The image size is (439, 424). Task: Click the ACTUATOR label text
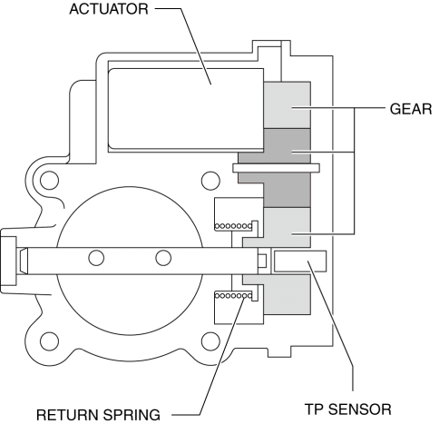coord(109,9)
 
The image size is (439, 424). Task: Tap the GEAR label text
coord(411,109)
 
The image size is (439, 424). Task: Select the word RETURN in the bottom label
coord(67,415)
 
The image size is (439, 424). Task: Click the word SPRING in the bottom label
coord(132,415)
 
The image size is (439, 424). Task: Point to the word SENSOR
coord(360,409)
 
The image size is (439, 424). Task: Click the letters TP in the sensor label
coord(314,409)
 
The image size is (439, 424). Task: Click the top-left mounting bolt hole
coord(49,181)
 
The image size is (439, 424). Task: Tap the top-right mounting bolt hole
coord(210,181)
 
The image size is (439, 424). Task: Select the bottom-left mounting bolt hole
coord(49,341)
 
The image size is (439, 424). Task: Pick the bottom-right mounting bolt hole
coord(210,341)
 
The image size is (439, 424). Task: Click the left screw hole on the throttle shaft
coord(96,258)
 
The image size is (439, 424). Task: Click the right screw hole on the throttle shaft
coord(163,258)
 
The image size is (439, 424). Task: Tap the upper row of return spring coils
coord(233,226)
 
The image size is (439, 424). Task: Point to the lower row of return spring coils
coord(233,295)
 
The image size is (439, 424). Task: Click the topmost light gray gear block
coord(287,105)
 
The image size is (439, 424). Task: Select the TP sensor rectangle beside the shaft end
coord(300,261)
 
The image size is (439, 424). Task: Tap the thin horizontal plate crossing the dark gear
coord(276,168)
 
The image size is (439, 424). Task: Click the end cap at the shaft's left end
coord(8,261)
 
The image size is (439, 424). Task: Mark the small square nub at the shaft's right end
coord(262,261)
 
